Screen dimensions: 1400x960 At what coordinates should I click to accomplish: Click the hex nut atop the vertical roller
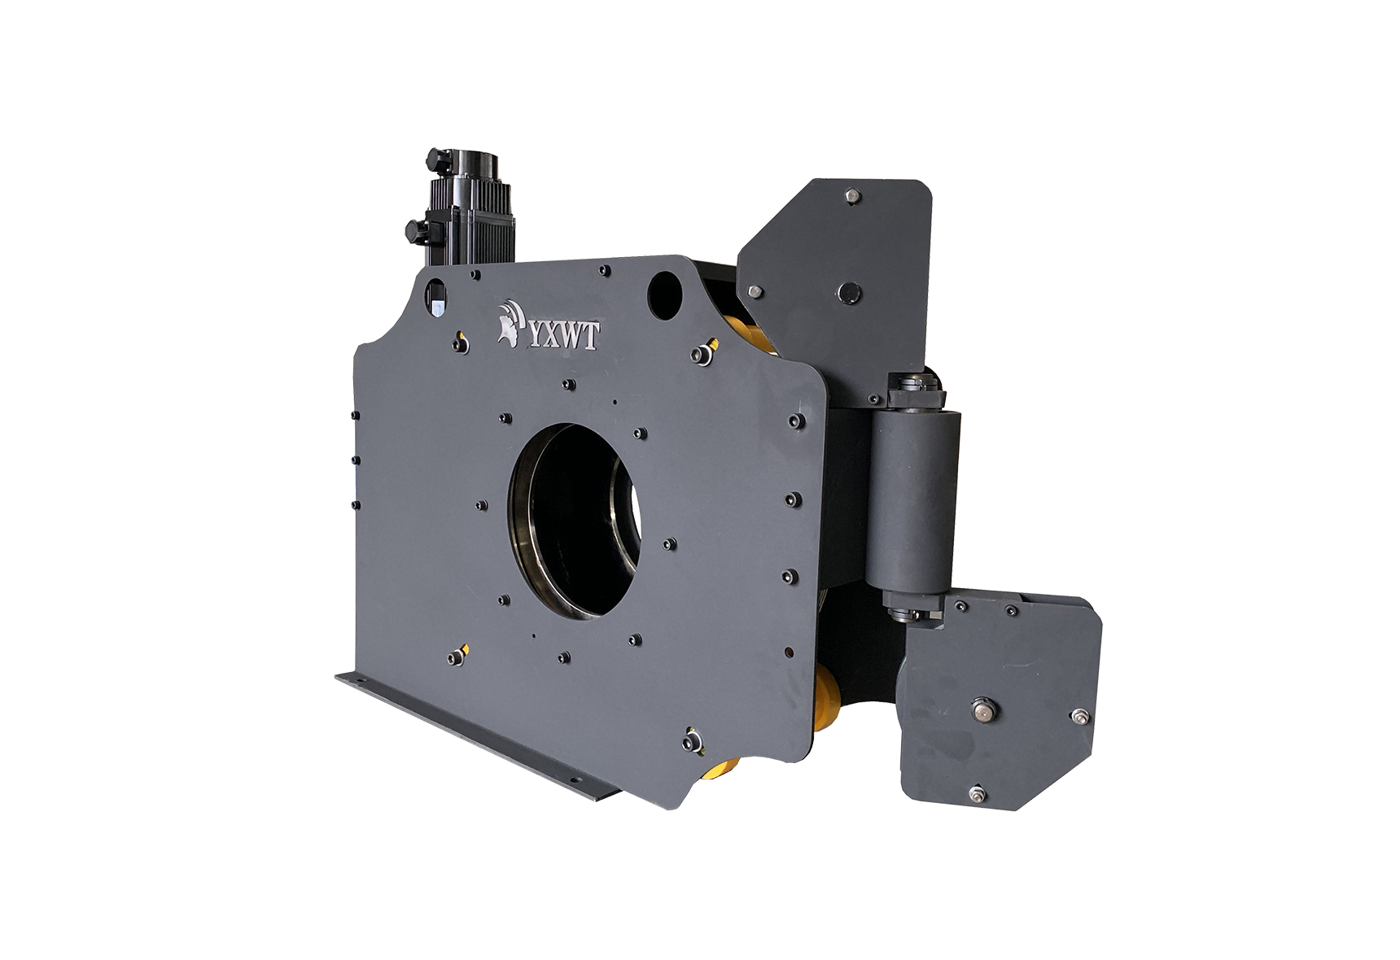(917, 391)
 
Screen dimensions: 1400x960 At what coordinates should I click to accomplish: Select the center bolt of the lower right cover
(983, 710)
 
